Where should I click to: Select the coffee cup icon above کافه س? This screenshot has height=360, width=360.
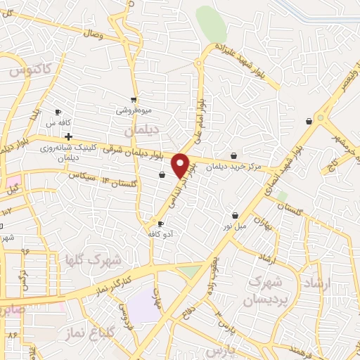[58, 112]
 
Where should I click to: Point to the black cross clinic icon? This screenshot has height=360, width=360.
[68, 136]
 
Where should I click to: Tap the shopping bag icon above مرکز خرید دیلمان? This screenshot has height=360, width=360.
[233, 156]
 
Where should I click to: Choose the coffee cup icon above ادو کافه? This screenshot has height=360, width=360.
[160, 224]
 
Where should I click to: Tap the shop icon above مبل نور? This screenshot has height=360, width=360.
[235, 216]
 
